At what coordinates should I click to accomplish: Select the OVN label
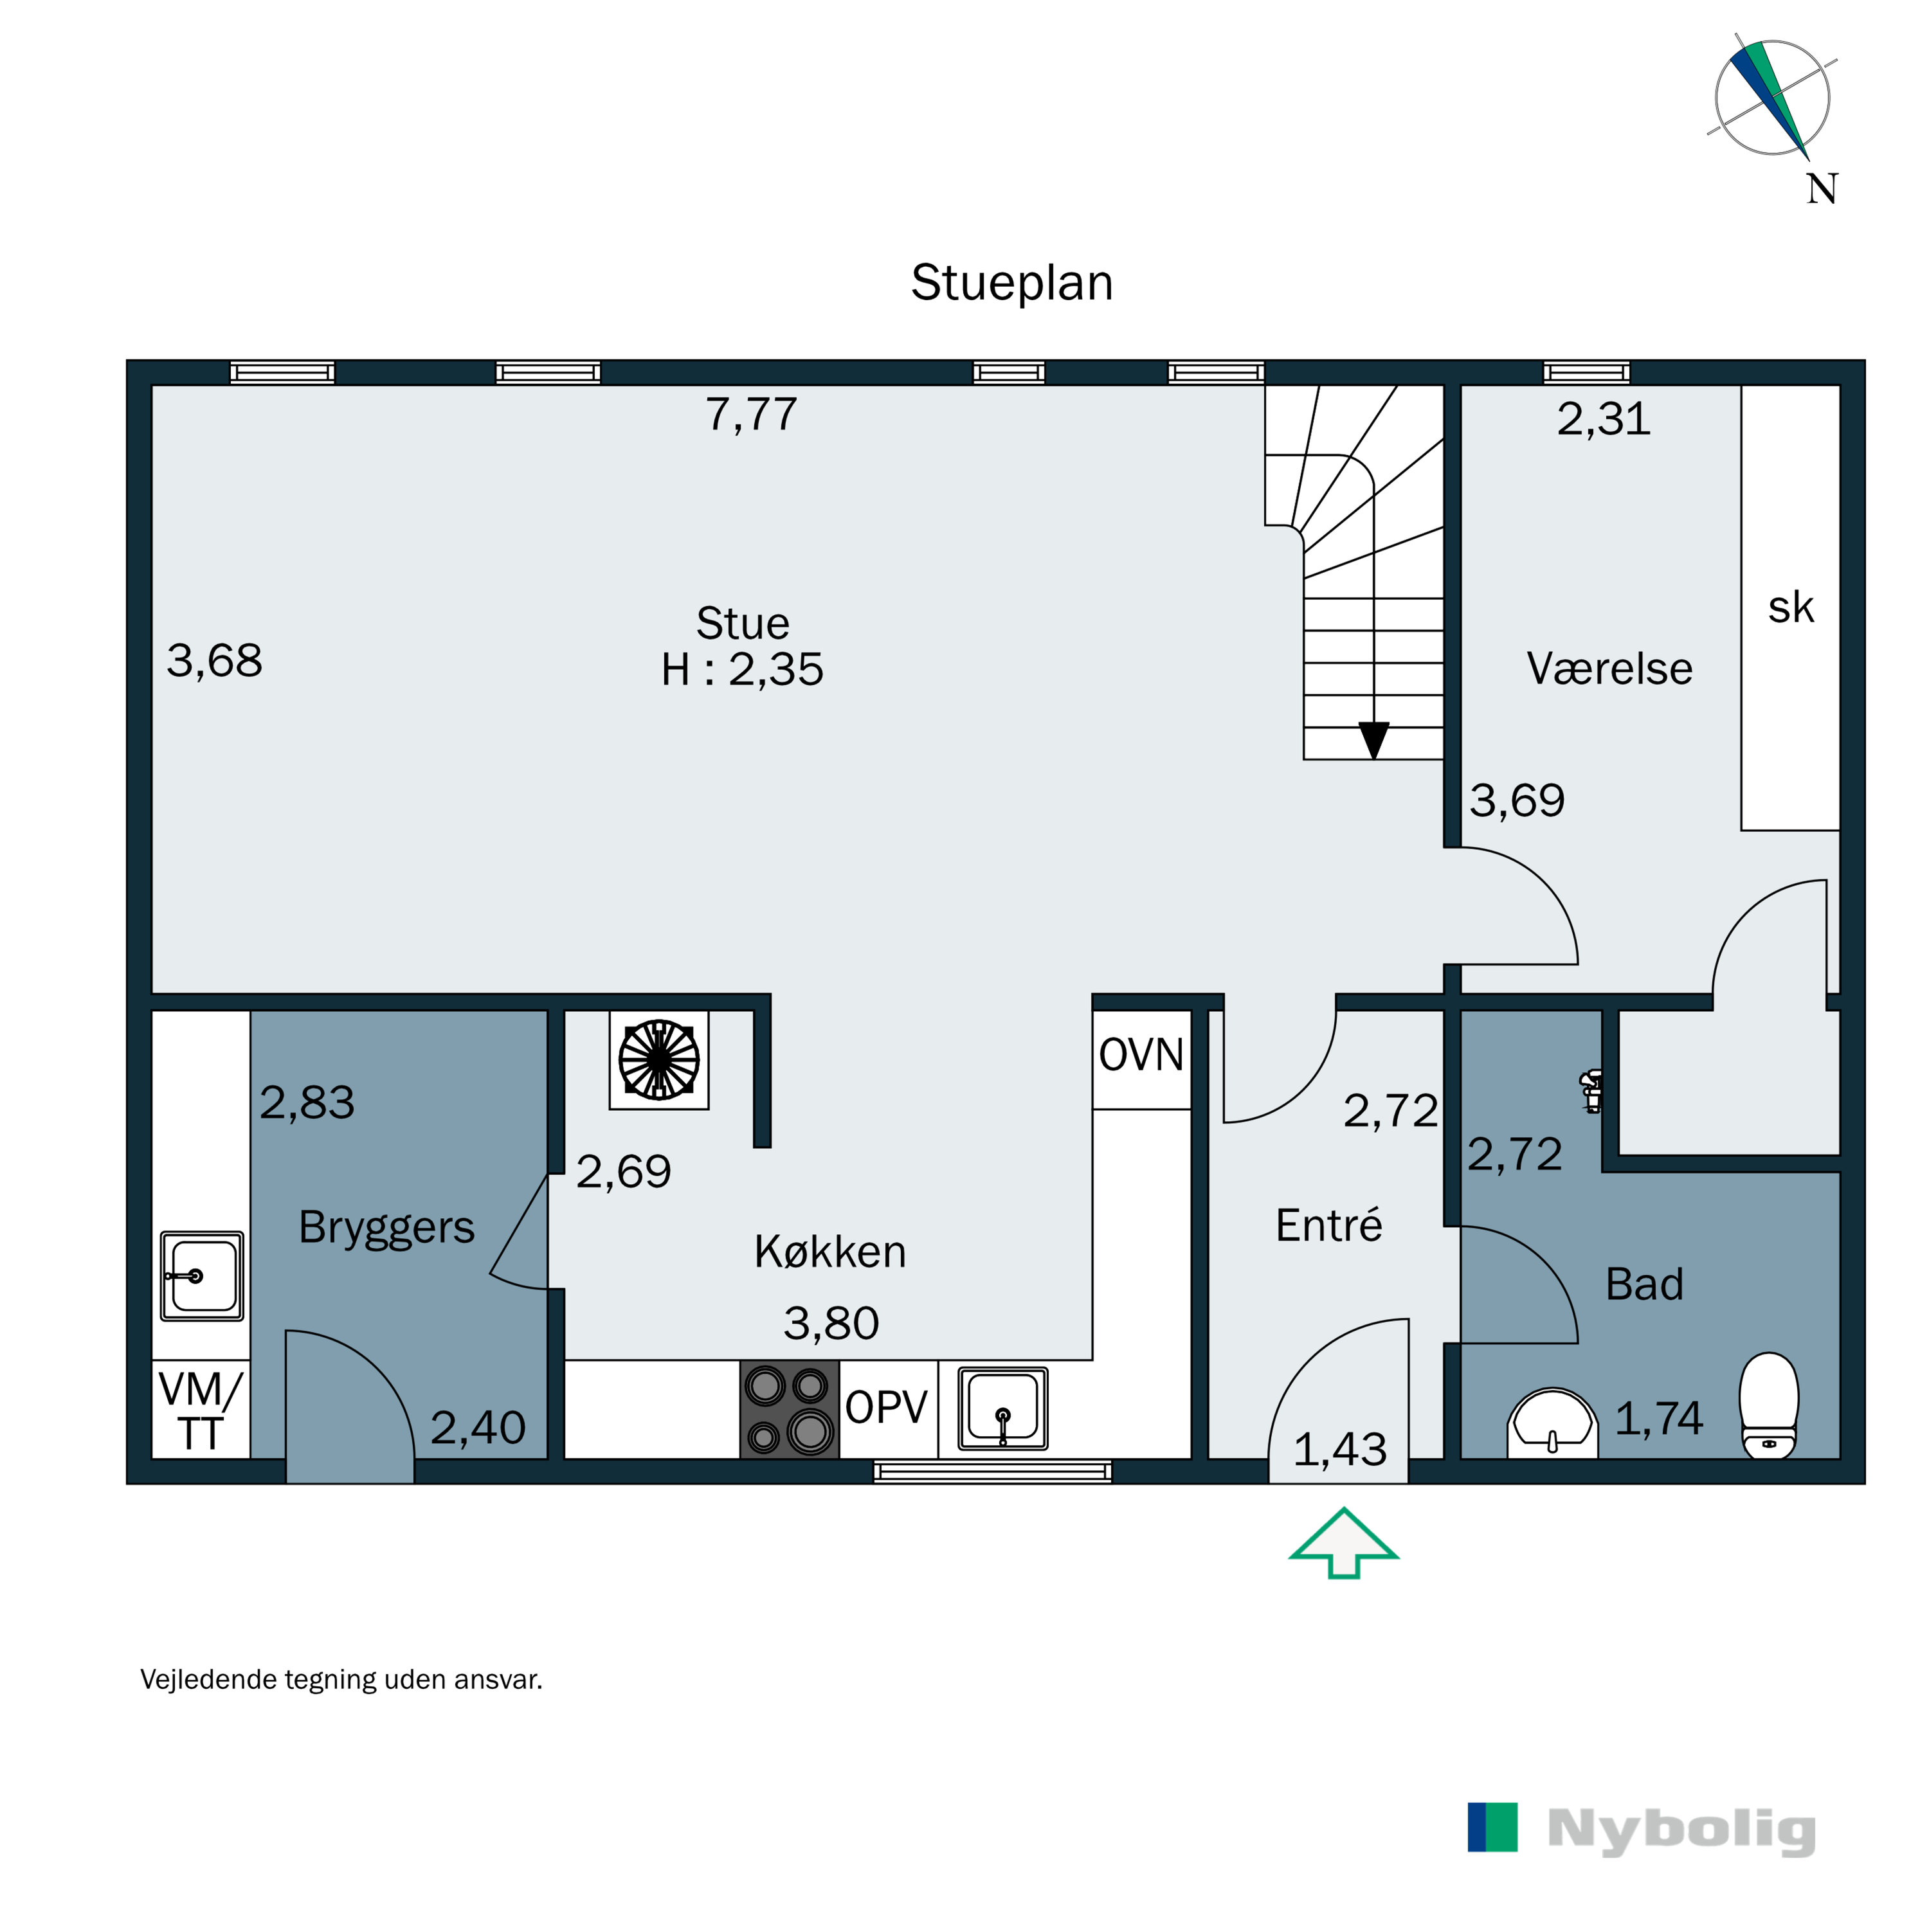tap(1141, 1054)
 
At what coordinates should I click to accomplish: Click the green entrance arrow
tap(1344, 1543)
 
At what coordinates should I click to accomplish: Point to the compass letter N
tap(1822, 189)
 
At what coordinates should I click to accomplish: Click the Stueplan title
tap(1011, 283)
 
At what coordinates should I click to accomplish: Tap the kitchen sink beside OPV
tap(1002, 1408)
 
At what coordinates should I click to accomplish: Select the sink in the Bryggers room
tap(202, 1276)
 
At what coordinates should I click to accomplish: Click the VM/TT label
tap(200, 1411)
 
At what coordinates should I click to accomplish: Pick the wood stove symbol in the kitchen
tap(659, 1058)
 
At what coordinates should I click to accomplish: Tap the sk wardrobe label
tap(1790, 607)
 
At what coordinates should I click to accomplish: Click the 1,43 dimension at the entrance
tap(1340, 1450)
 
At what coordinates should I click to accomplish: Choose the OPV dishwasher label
tap(887, 1408)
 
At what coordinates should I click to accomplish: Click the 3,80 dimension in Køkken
tap(831, 1324)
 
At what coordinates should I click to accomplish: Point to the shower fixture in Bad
tap(1591, 1092)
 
